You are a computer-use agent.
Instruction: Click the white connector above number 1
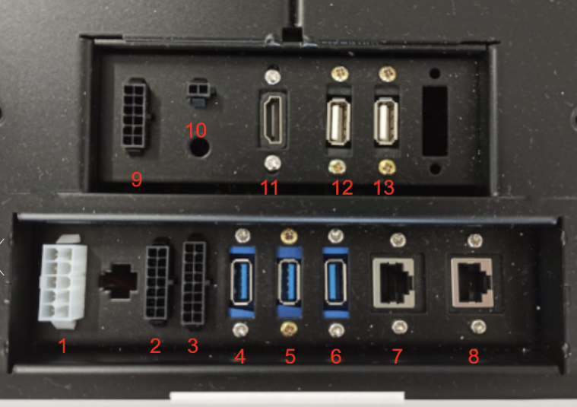[62, 281]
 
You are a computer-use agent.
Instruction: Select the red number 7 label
[397, 356]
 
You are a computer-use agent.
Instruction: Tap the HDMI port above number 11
[272, 118]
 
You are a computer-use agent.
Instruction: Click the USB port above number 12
[338, 121]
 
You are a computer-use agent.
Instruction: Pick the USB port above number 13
[385, 121]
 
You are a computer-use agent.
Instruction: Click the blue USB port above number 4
[242, 282]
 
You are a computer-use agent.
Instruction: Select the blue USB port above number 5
[289, 282]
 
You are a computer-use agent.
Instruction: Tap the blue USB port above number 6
[335, 282]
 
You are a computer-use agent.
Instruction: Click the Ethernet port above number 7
[394, 283]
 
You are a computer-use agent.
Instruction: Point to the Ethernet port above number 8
[473, 282]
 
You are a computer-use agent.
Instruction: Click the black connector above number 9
[136, 115]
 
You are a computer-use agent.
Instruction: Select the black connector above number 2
[157, 281]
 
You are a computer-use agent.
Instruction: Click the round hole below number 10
[199, 148]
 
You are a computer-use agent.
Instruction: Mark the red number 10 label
[196, 129]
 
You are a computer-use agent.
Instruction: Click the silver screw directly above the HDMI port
[273, 76]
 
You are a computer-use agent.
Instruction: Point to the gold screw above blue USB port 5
[289, 236]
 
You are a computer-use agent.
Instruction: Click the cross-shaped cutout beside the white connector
[119, 281]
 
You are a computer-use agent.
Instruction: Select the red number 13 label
[384, 187]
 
